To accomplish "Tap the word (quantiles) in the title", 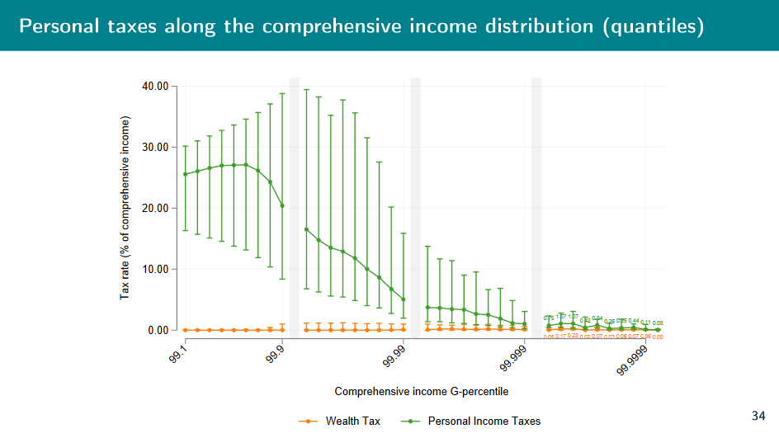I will [x=654, y=26].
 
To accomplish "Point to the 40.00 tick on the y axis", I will [x=155, y=86].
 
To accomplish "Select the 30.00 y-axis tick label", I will [x=155, y=147].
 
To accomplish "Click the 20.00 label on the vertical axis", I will [x=155, y=208].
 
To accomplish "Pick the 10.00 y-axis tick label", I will [x=155, y=269].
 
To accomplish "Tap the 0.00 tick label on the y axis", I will [x=158, y=330].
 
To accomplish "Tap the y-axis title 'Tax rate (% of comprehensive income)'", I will [x=125, y=207].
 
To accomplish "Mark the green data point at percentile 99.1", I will [x=185, y=174].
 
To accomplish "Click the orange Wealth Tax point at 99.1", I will [x=185, y=330].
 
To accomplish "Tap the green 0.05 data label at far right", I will [x=658, y=323].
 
